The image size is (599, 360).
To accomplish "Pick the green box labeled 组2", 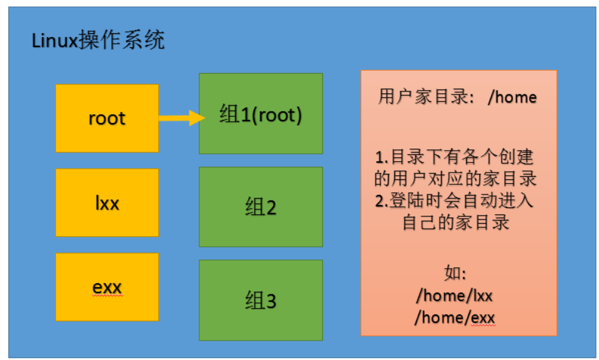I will (260, 207).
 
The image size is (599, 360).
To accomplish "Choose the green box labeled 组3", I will (260, 301).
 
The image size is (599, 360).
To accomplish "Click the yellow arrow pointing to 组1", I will (181, 117).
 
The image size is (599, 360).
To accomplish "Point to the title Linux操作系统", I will (99, 41).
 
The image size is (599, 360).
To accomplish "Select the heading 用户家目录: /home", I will (458, 97).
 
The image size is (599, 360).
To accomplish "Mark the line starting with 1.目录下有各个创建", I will (455, 156).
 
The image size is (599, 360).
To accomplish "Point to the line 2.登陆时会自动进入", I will (455, 201).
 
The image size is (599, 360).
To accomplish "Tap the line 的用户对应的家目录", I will (455, 179).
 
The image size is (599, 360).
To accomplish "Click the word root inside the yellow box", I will (107, 118).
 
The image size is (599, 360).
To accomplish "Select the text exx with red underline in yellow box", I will (107, 288).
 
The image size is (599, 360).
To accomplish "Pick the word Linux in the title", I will (54, 42).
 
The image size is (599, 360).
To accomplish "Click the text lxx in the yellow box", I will (107, 203).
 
